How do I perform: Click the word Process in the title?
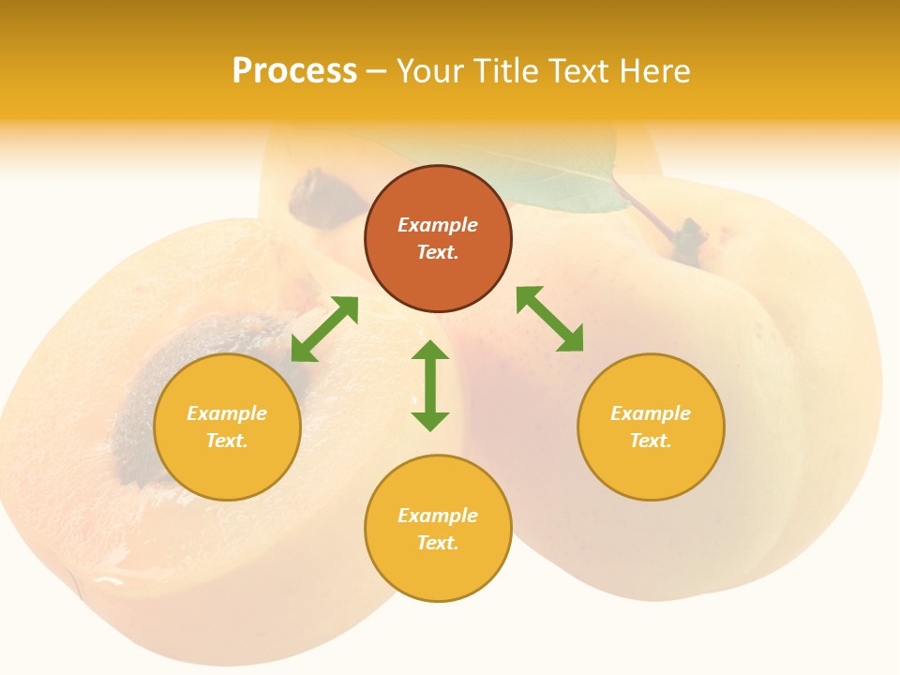pos(294,71)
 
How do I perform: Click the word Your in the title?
pos(430,71)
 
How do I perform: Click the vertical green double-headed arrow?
pos(430,385)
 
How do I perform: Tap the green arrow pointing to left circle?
pos(324,329)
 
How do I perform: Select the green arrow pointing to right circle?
pos(550,320)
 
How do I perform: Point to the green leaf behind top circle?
pos(562,183)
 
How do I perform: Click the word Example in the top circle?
pos(438,225)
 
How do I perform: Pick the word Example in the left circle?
pos(227,413)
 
